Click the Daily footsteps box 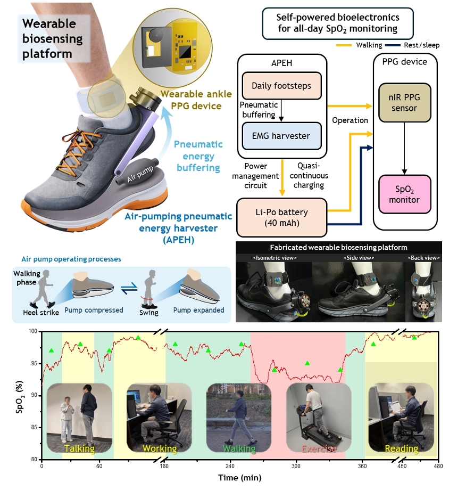[x=281, y=86]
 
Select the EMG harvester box [x=281, y=136]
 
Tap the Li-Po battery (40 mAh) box [x=281, y=217]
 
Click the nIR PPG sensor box [x=404, y=102]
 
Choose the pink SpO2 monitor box [x=404, y=194]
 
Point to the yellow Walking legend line [x=344, y=45]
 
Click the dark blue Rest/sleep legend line [x=393, y=45]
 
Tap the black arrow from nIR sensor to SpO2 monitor [x=404, y=148]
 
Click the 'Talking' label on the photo [x=79, y=449]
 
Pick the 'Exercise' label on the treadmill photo [x=319, y=449]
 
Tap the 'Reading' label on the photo [x=401, y=449]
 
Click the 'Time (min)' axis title [x=240, y=478]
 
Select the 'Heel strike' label [x=41, y=313]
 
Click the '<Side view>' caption [x=359, y=258]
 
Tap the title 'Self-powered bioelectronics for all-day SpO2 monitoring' [x=337, y=23]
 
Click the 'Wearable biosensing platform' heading [x=52, y=38]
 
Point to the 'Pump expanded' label [x=198, y=310]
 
